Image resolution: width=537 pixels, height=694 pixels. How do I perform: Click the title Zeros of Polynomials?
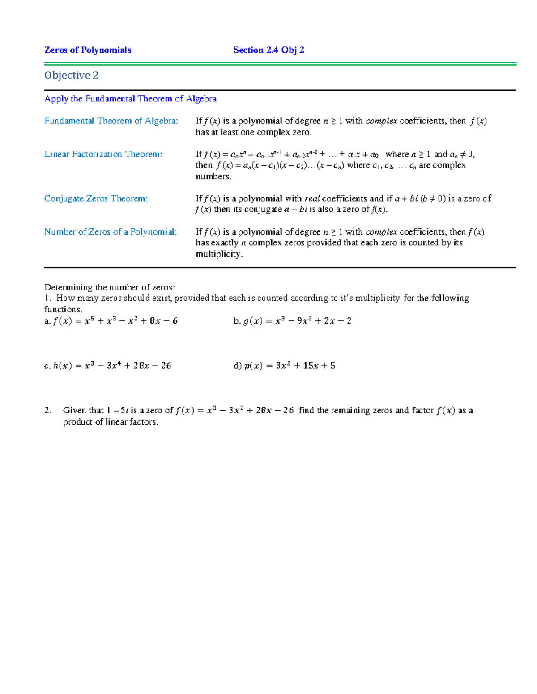(88, 50)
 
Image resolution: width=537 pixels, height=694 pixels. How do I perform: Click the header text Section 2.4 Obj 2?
(269, 50)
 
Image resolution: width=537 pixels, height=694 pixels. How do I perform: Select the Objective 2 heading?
(71, 76)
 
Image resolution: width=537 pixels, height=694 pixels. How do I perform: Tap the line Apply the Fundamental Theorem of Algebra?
(130, 99)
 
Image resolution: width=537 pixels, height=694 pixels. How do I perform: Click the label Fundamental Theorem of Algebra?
(111, 121)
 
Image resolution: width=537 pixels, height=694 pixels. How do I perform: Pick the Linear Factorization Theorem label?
(103, 154)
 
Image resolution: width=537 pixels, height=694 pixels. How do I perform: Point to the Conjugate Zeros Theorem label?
(96, 198)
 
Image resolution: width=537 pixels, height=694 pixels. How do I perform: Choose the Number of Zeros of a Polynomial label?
(110, 232)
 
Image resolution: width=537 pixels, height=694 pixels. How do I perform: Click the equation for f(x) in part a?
(115, 321)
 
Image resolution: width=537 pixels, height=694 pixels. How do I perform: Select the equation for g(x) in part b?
(297, 321)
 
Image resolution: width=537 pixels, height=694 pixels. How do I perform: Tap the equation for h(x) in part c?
(112, 366)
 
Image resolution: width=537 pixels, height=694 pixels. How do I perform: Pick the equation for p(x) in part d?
(290, 366)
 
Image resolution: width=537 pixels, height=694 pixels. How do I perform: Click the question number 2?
(48, 410)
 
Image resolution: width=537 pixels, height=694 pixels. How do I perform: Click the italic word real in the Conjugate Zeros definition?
(312, 198)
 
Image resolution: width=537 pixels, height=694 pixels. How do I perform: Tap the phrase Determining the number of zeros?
(110, 287)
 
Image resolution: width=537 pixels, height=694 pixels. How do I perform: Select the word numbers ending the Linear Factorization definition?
(213, 177)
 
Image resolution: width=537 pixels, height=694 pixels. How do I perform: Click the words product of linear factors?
(111, 422)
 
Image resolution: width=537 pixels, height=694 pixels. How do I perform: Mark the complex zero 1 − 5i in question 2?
(118, 410)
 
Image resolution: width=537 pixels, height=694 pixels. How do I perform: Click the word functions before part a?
(63, 309)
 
